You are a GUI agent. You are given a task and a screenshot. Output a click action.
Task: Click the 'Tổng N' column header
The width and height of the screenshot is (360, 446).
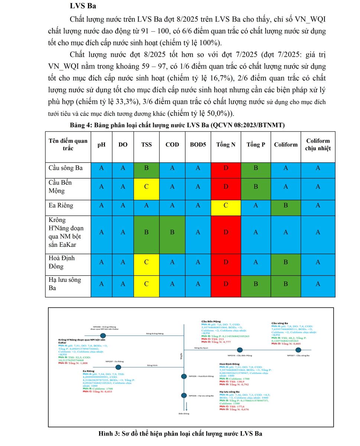pyautogui.click(x=226, y=145)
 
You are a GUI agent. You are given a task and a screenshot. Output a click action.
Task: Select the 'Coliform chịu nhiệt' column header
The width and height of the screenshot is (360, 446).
pyautogui.click(x=318, y=145)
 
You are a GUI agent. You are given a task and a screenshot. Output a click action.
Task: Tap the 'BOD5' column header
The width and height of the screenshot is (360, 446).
pyautogui.click(x=198, y=145)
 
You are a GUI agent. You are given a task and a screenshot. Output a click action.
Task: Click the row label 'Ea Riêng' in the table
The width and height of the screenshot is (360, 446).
pyautogui.click(x=61, y=205)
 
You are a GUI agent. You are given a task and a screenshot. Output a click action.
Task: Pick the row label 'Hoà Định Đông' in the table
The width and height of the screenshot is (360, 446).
pyautogui.click(x=61, y=262)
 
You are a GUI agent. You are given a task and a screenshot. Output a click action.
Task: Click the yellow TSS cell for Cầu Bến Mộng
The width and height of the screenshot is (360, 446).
pyautogui.click(x=146, y=187)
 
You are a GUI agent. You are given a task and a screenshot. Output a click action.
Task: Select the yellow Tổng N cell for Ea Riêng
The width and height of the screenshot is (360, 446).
pyautogui.click(x=226, y=205)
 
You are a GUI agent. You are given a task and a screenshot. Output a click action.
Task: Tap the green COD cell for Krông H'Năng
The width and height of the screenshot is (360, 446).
pyautogui.click(x=172, y=232)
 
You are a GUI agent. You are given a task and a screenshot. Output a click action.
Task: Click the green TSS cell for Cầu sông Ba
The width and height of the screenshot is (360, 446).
pyautogui.click(x=146, y=168)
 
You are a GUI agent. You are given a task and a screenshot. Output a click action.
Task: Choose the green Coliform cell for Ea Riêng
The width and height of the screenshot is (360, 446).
pyautogui.click(x=286, y=205)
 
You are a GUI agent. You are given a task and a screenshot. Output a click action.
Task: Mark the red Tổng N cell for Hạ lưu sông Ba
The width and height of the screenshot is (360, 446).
pyautogui.click(x=226, y=284)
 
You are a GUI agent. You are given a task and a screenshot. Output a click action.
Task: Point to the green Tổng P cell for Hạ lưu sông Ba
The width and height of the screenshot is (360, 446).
pyautogui.click(x=256, y=284)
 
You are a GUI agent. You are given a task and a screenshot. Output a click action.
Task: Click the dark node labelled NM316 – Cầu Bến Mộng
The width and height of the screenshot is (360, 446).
pyautogui.click(x=240, y=350)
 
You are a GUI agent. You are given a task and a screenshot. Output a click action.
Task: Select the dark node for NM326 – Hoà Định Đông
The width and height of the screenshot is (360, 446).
pyautogui.click(x=184, y=376)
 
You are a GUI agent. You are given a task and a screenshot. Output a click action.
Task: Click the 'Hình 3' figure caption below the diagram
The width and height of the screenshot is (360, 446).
pyautogui.click(x=180, y=434)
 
